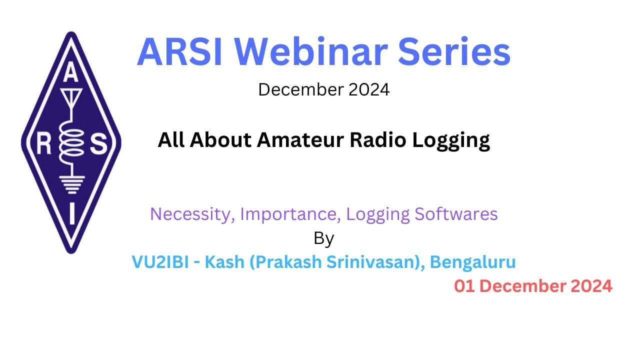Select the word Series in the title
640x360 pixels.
[x=454, y=51]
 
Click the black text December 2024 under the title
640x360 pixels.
[x=323, y=89]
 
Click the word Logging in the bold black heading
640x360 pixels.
[x=451, y=141]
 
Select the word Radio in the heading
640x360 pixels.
[x=377, y=140]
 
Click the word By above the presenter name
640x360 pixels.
[x=323, y=238]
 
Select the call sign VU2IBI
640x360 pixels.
[x=160, y=261]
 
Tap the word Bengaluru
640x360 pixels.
[x=472, y=262]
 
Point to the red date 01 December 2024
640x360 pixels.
[x=533, y=286]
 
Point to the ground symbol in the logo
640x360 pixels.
[x=71, y=184]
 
